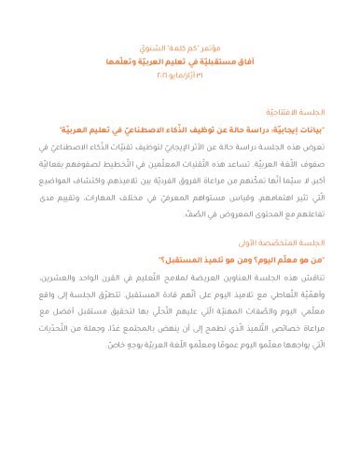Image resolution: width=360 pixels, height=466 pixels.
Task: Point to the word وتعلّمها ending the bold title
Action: pos(121,58)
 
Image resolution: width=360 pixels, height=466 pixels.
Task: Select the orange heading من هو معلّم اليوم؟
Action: pos(295,263)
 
